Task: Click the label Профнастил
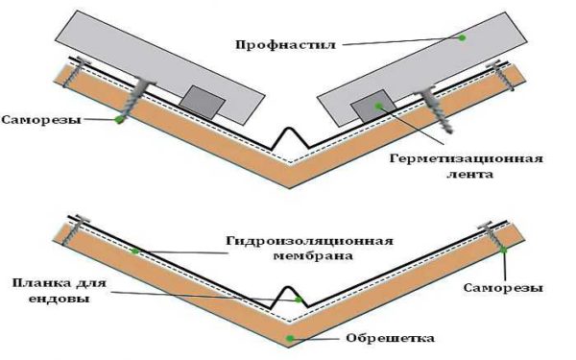pos(285,45)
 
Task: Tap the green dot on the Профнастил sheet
pos(462,37)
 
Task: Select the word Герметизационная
pos(466,159)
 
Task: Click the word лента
pos(469,174)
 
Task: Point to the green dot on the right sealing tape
pos(378,107)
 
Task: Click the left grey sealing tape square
pos(202,103)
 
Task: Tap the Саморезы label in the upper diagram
pos(41,120)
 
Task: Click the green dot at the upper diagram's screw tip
pos(118,119)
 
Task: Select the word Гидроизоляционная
pos(309,241)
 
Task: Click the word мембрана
pos(313,255)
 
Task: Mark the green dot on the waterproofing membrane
pos(135,252)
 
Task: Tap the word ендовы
pos(59,299)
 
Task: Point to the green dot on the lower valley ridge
pos(300,300)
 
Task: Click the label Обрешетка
pos(390,338)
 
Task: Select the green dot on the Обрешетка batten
pos(290,338)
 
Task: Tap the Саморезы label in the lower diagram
pos(503,288)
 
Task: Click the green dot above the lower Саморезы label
pos(503,250)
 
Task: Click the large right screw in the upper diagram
pos(435,110)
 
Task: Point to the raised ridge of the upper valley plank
pos(290,129)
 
